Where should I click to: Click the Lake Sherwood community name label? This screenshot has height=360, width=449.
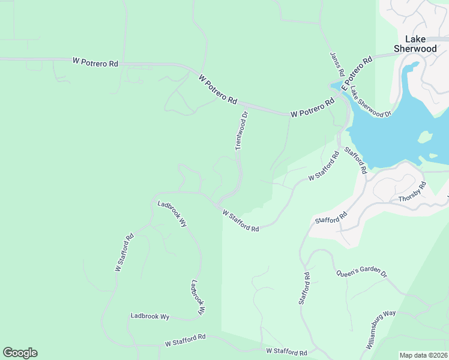pyautogui.click(x=414, y=42)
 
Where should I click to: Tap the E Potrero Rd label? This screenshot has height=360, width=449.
pyautogui.click(x=357, y=73)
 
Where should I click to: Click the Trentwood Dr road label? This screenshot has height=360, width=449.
pyautogui.click(x=241, y=130)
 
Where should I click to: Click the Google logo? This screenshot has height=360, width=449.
pyautogui.click(x=20, y=353)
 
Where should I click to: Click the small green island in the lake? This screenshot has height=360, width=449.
pyautogui.click(x=424, y=137)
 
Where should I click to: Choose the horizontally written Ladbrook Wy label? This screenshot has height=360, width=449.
pyautogui.click(x=150, y=316)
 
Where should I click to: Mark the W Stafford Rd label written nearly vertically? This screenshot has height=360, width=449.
pyautogui.click(x=124, y=253)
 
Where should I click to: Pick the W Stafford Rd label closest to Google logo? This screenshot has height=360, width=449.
pyautogui.click(x=186, y=340)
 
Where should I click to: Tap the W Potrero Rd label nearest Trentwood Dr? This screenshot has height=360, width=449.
pyautogui.click(x=218, y=90)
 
